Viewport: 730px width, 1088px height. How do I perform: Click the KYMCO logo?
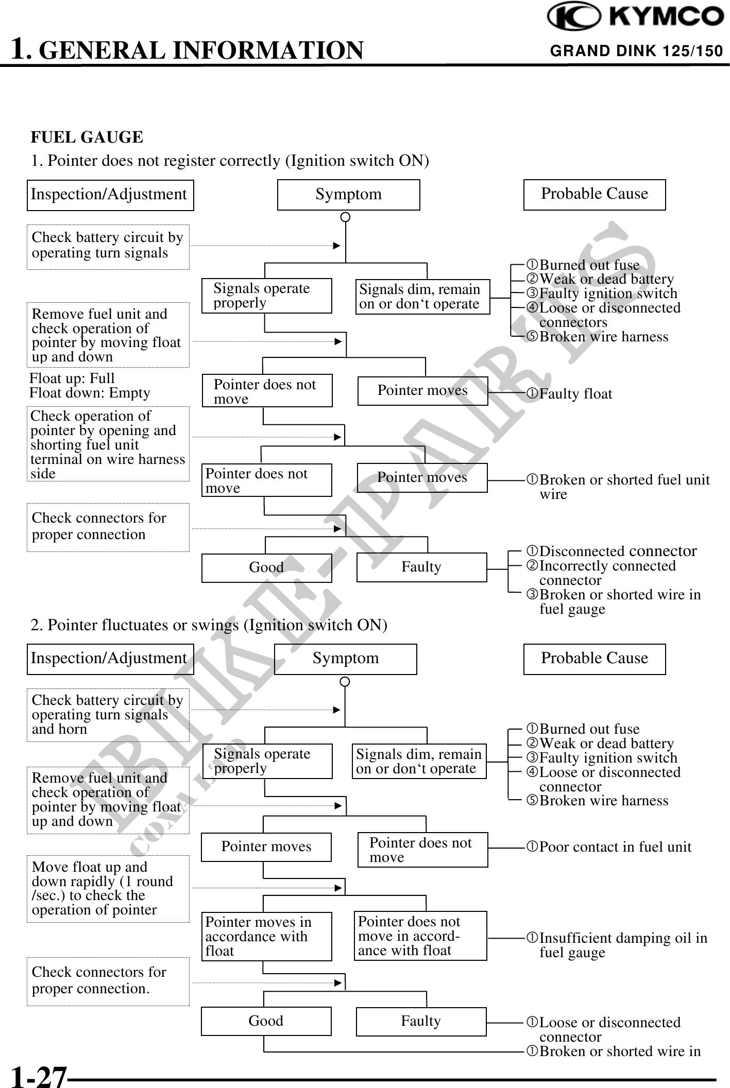pyautogui.click(x=635, y=17)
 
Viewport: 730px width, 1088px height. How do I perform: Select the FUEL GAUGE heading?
pyautogui.click(x=87, y=137)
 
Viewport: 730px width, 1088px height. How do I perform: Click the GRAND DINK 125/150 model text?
pyautogui.click(x=636, y=51)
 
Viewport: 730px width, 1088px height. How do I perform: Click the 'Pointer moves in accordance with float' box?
pyautogui.click(x=266, y=937)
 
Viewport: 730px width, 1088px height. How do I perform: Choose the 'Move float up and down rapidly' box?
pyautogui.click(x=108, y=888)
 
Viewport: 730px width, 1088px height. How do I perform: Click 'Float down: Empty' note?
pyautogui.click(x=90, y=393)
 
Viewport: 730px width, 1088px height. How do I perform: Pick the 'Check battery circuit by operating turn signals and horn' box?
pyautogui.click(x=108, y=715)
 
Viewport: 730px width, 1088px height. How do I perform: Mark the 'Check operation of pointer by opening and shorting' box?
pyautogui.click(x=108, y=444)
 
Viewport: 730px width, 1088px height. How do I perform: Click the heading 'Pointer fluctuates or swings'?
pyautogui.click(x=209, y=625)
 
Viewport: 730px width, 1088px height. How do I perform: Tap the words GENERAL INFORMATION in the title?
pyautogui.click(x=201, y=50)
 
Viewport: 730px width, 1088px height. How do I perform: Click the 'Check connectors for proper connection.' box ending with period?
pyautogui.click(x=108, y=980)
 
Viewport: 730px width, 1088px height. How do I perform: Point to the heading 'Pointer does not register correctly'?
pyautogui.click(x=230, y=161)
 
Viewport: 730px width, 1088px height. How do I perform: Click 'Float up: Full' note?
pyautogui.click(x=72, y=378)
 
